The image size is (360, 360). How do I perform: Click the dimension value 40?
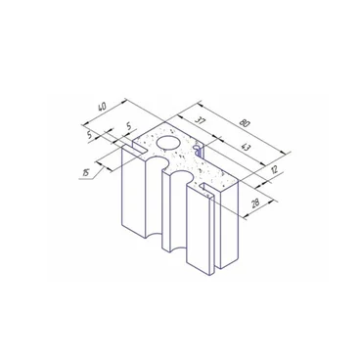tap(102, 107)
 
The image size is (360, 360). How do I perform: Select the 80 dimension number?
tap(245, 123)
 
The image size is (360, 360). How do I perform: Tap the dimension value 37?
tap(200, 121)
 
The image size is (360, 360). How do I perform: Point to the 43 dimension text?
tap(246, 147)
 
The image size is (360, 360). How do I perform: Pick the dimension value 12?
tap(274, 169)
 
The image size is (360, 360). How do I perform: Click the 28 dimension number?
tap(255, 202)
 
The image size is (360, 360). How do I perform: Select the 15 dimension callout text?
tap(86, 173)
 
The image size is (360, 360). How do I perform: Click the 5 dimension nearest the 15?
tap(90, 135)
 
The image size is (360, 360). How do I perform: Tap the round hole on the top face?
tap(168, 143)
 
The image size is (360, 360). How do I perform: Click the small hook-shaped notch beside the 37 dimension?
tap(198, 151)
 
